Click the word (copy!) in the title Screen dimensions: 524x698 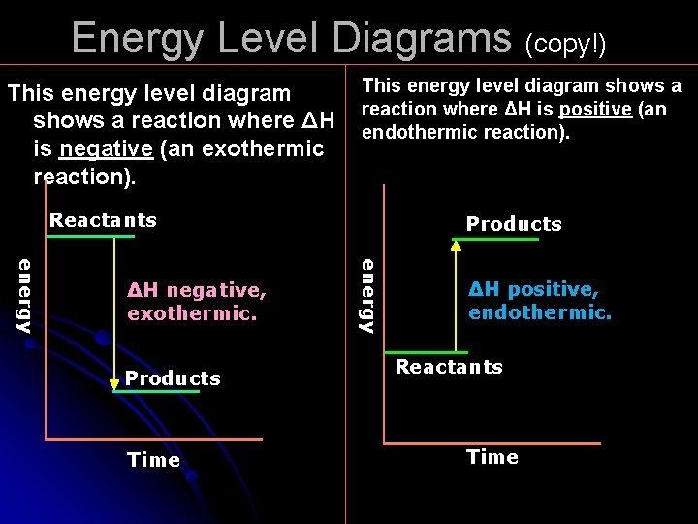pyautogui.click(x=565, y=44)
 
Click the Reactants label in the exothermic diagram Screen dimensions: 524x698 pyautogui.click(x=103, y=220)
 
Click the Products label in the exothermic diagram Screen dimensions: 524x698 pyautogui.click(x=173, y=378)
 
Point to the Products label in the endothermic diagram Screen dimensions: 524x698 pyautogui.click(x=514, y=224)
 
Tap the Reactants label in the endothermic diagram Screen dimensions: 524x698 pyautogui.click(x=449, y=367)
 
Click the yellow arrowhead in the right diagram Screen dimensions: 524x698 pyautogui.click(x=456, y=246)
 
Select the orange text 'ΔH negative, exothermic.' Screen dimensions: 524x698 pyautogui.click(x=197, y=302)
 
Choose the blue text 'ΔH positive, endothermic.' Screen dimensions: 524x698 pyautogui.click(x=540, y=301)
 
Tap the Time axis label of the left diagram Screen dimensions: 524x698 pyautogui.click(x=154, y=460)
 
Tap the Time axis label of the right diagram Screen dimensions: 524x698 pyautogui.click(x=492, y=457)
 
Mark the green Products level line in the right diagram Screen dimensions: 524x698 pyautogui.click(x=497, y=239)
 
